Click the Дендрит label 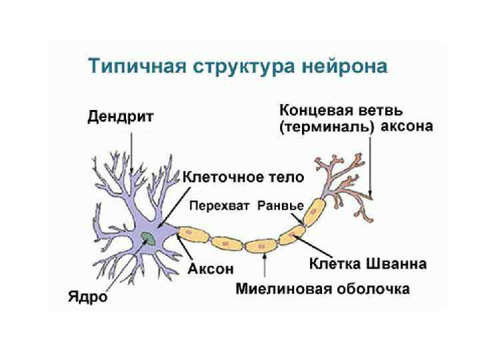121,117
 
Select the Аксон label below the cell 211,269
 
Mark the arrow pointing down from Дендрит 131,150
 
